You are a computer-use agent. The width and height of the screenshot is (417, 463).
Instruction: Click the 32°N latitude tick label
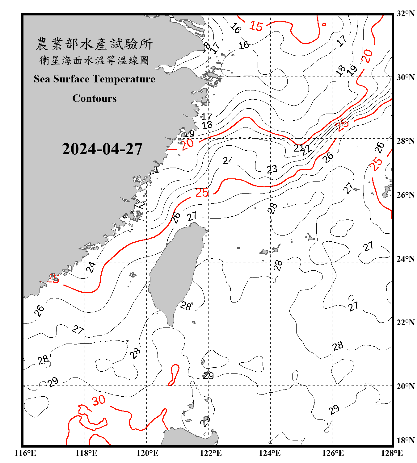405,14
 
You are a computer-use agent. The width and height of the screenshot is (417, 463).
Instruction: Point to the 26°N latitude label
405,195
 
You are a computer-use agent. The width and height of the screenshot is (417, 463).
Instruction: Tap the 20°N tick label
405,386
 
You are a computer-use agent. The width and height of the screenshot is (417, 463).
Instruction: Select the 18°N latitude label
405,440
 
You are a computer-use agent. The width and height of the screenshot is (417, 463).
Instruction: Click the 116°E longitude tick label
25,453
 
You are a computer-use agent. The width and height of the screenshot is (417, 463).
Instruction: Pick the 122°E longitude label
211,453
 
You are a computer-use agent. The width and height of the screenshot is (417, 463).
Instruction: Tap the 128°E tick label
392,453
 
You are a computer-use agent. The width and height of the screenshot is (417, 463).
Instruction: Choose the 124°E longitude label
270,453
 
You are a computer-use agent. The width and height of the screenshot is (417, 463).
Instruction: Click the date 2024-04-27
102,149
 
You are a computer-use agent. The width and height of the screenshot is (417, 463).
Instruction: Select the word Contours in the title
94,98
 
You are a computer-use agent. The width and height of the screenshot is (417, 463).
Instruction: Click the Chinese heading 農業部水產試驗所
94,44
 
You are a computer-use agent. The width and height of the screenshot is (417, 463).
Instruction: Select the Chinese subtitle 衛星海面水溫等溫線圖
94,60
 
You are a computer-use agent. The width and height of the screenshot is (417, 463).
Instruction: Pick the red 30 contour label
99,401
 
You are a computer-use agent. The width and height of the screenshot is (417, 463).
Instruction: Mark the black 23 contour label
272,169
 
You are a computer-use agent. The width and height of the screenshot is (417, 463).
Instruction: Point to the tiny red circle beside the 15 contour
324,24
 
